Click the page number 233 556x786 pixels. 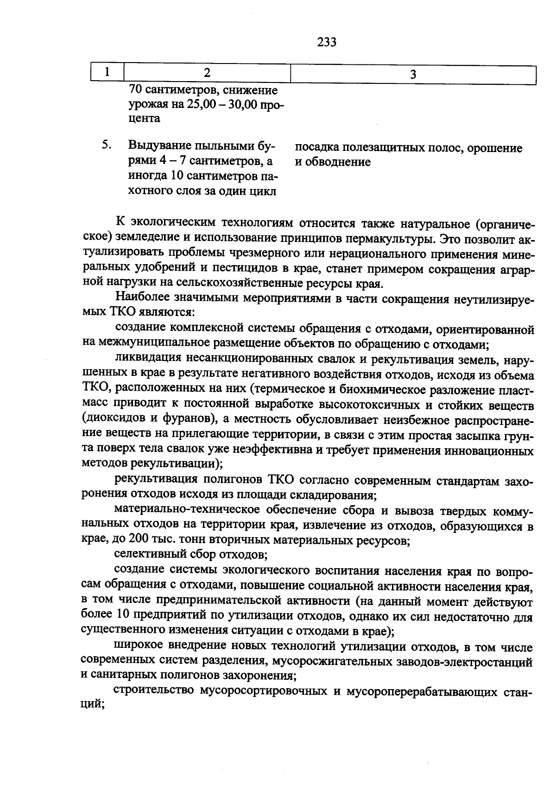click(327, 43)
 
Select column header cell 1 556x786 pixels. click(107, 72)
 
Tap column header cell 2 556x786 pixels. click(207, 73)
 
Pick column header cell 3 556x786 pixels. click(413, 74)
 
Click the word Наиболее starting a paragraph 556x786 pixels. click(140, 298)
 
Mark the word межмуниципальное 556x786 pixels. click(154, 343)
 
